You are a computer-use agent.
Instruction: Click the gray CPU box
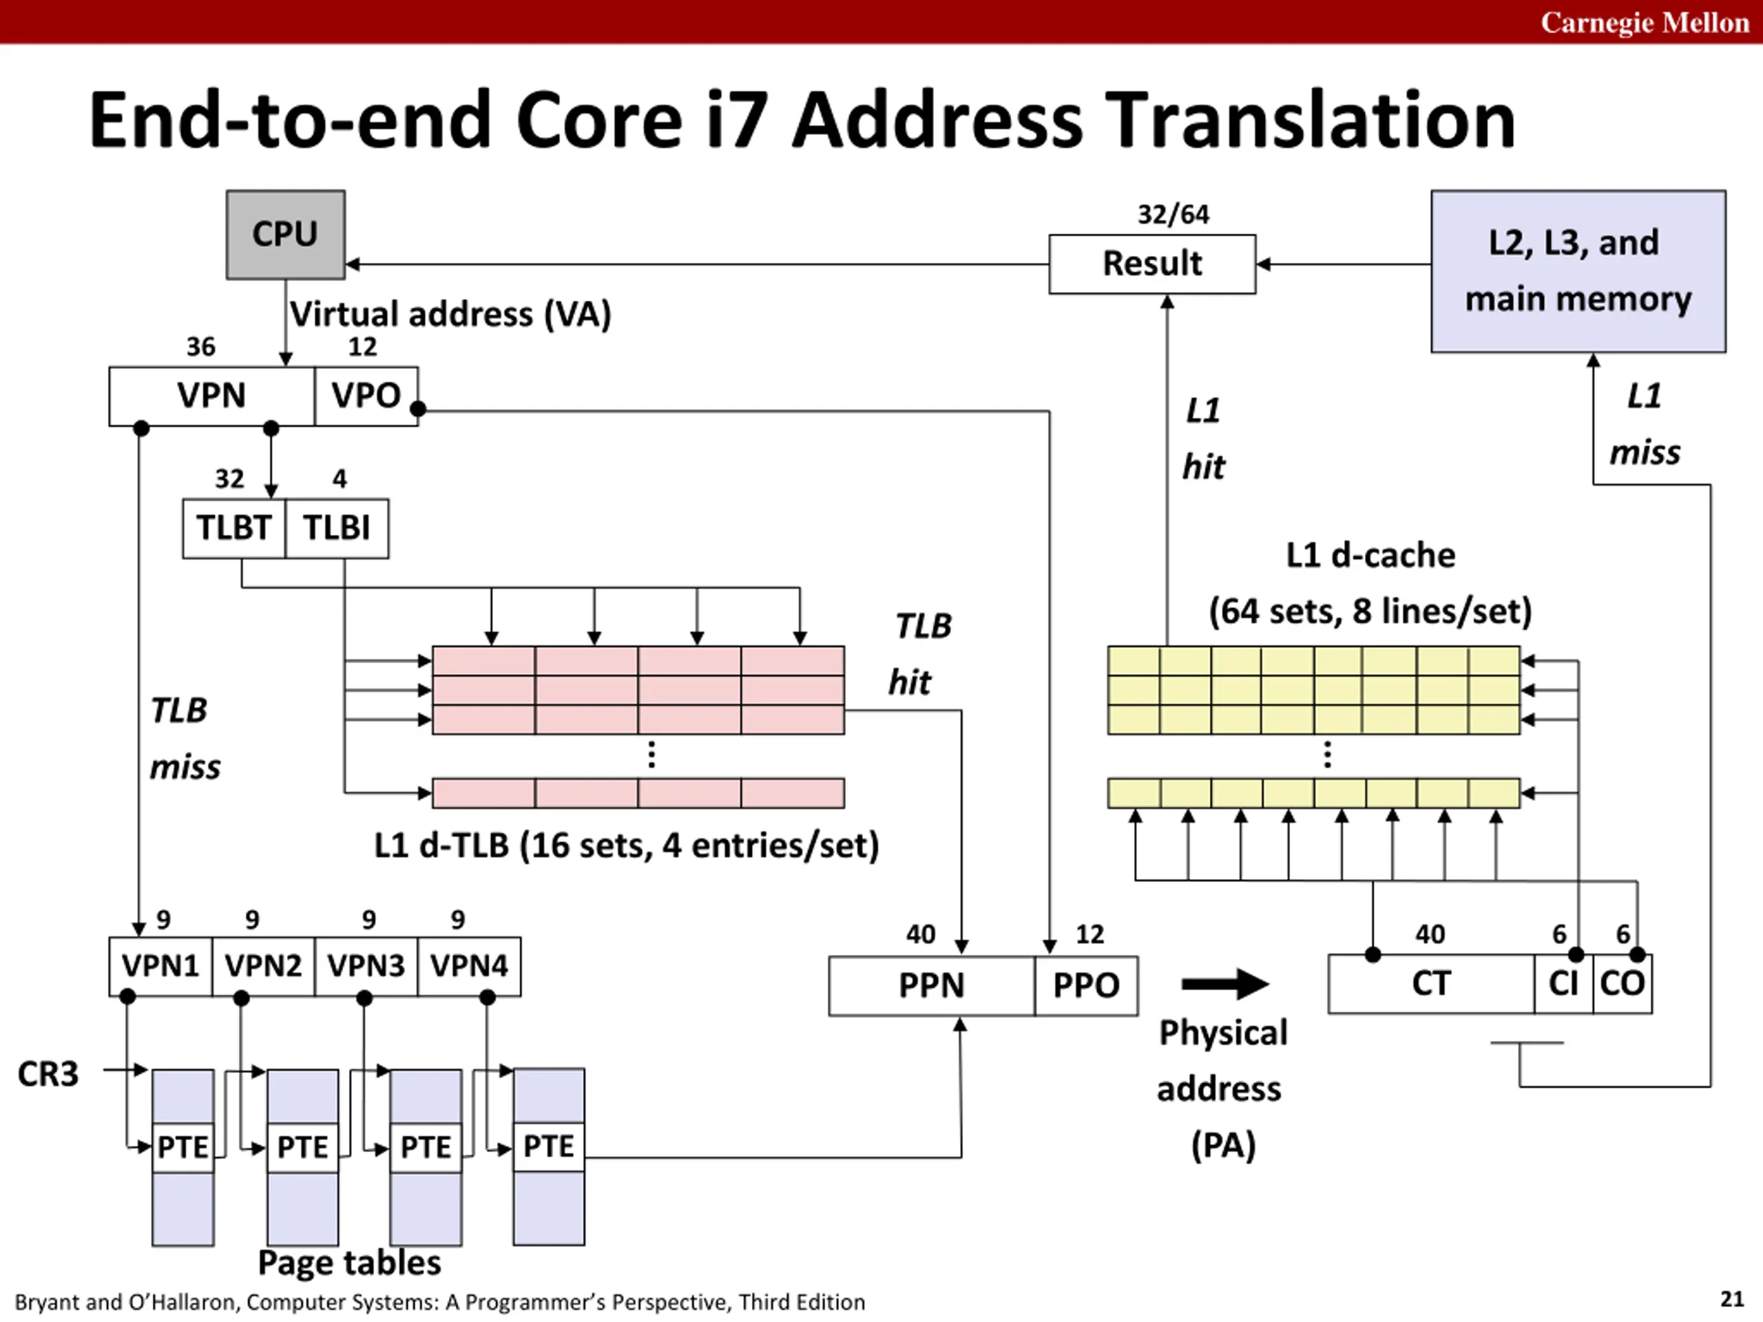pyautogui.click(x=285, y=234)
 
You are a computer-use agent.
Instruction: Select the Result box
pyautogui.click(x=1151, y=264)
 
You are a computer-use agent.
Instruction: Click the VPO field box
pyautogui.click(x=366, y=396)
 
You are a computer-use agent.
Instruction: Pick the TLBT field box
pyautogui.click(x=233, y=528)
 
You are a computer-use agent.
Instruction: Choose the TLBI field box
pyautogui.click(x=336, y=528)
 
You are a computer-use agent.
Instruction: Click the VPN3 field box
pyautogui.click(x=366, y=966)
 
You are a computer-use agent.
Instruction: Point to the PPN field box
pyautogui.click(x=931, y=986)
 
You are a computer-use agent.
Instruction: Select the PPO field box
pyautogui.click(x=1085, y=986)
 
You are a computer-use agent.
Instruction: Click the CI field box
pyautogui.click(x=1563, y=983)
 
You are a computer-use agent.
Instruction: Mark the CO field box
pyautogui.click(x=1622, y=983)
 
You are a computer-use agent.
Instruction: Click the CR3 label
pyautogui.click(x=48, y=1074)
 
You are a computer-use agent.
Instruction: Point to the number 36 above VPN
pyautogui.click(x=201, y=346)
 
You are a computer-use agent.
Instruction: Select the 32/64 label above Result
pyautogui.click(x=1172, y=214)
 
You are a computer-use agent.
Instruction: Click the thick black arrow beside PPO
pyautogui.click(x=1224, y=984)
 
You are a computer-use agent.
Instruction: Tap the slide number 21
pyautogui.click(x=1731, y=1299)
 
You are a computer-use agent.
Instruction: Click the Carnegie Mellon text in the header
pyautogui.click(x=1645, y=22)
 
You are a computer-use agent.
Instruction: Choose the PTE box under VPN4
pyautogui.click(x=548, y=1146)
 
